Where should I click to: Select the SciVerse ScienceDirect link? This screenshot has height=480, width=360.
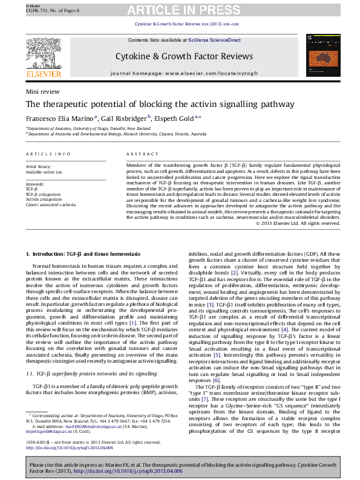tap(214, 40)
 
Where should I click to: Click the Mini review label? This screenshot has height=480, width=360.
tap(42, 91)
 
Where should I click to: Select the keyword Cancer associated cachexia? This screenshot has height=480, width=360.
tap(51, 205)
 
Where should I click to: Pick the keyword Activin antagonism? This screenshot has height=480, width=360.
tap(44, 199)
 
